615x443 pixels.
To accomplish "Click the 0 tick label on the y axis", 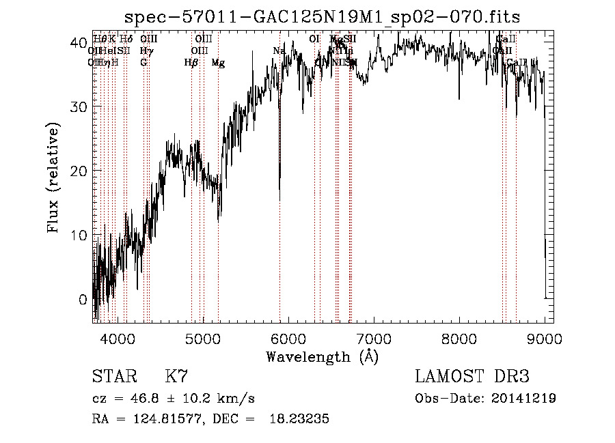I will coord(83,299).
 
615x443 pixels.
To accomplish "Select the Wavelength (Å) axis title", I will coord(322,356).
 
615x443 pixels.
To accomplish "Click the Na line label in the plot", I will coord(279,51).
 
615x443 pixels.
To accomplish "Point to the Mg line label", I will coord(218,63).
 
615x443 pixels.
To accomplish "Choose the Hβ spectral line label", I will coord(191,63).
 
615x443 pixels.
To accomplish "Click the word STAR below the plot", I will coord(113,377).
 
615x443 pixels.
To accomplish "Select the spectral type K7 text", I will coord(176,377).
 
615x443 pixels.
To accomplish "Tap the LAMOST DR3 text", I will coord(471,377).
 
